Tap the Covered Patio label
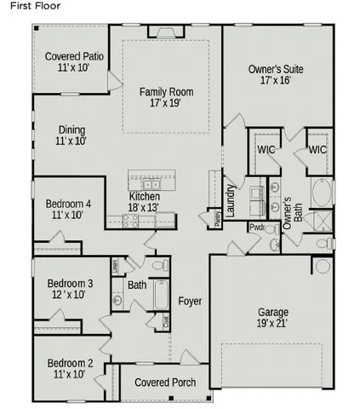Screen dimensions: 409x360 click(74, 56)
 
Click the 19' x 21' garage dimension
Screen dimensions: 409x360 click(271, 323)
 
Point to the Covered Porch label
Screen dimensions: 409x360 click(165, 383)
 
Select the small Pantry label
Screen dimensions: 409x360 click(218, 218)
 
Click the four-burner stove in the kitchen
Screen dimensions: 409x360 click(131, 219)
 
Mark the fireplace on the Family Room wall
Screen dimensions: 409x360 click(160, 32)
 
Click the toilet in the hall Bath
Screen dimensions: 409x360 click(159, 267)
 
